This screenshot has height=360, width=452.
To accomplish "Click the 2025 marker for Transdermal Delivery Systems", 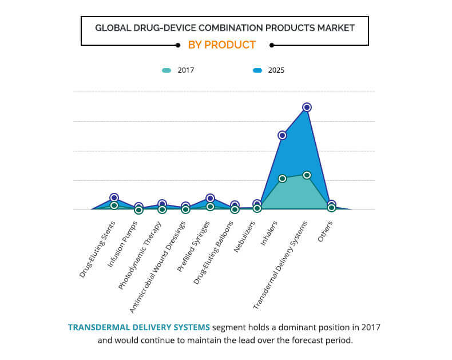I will [x=307, y=107].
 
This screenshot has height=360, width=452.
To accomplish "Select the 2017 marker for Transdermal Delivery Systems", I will [x=307, y=175].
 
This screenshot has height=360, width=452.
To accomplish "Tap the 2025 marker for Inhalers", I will [x=282, y=135].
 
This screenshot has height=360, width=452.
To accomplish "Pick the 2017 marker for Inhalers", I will [x=282, y=179].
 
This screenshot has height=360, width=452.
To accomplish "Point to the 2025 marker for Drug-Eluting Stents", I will [x=114, y=197].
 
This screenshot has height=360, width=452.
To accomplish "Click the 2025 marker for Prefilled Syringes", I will [x=210, y=198].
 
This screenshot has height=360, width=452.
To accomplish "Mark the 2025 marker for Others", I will [x=331, y=204].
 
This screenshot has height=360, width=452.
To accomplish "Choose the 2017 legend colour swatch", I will [x=166, y=70].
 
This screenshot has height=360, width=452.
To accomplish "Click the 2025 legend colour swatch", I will [x=257, y=70].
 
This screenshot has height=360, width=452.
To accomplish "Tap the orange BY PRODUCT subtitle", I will [x=222, y=45].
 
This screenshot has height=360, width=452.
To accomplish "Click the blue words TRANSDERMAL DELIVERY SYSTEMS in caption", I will [x=139, y=327].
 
